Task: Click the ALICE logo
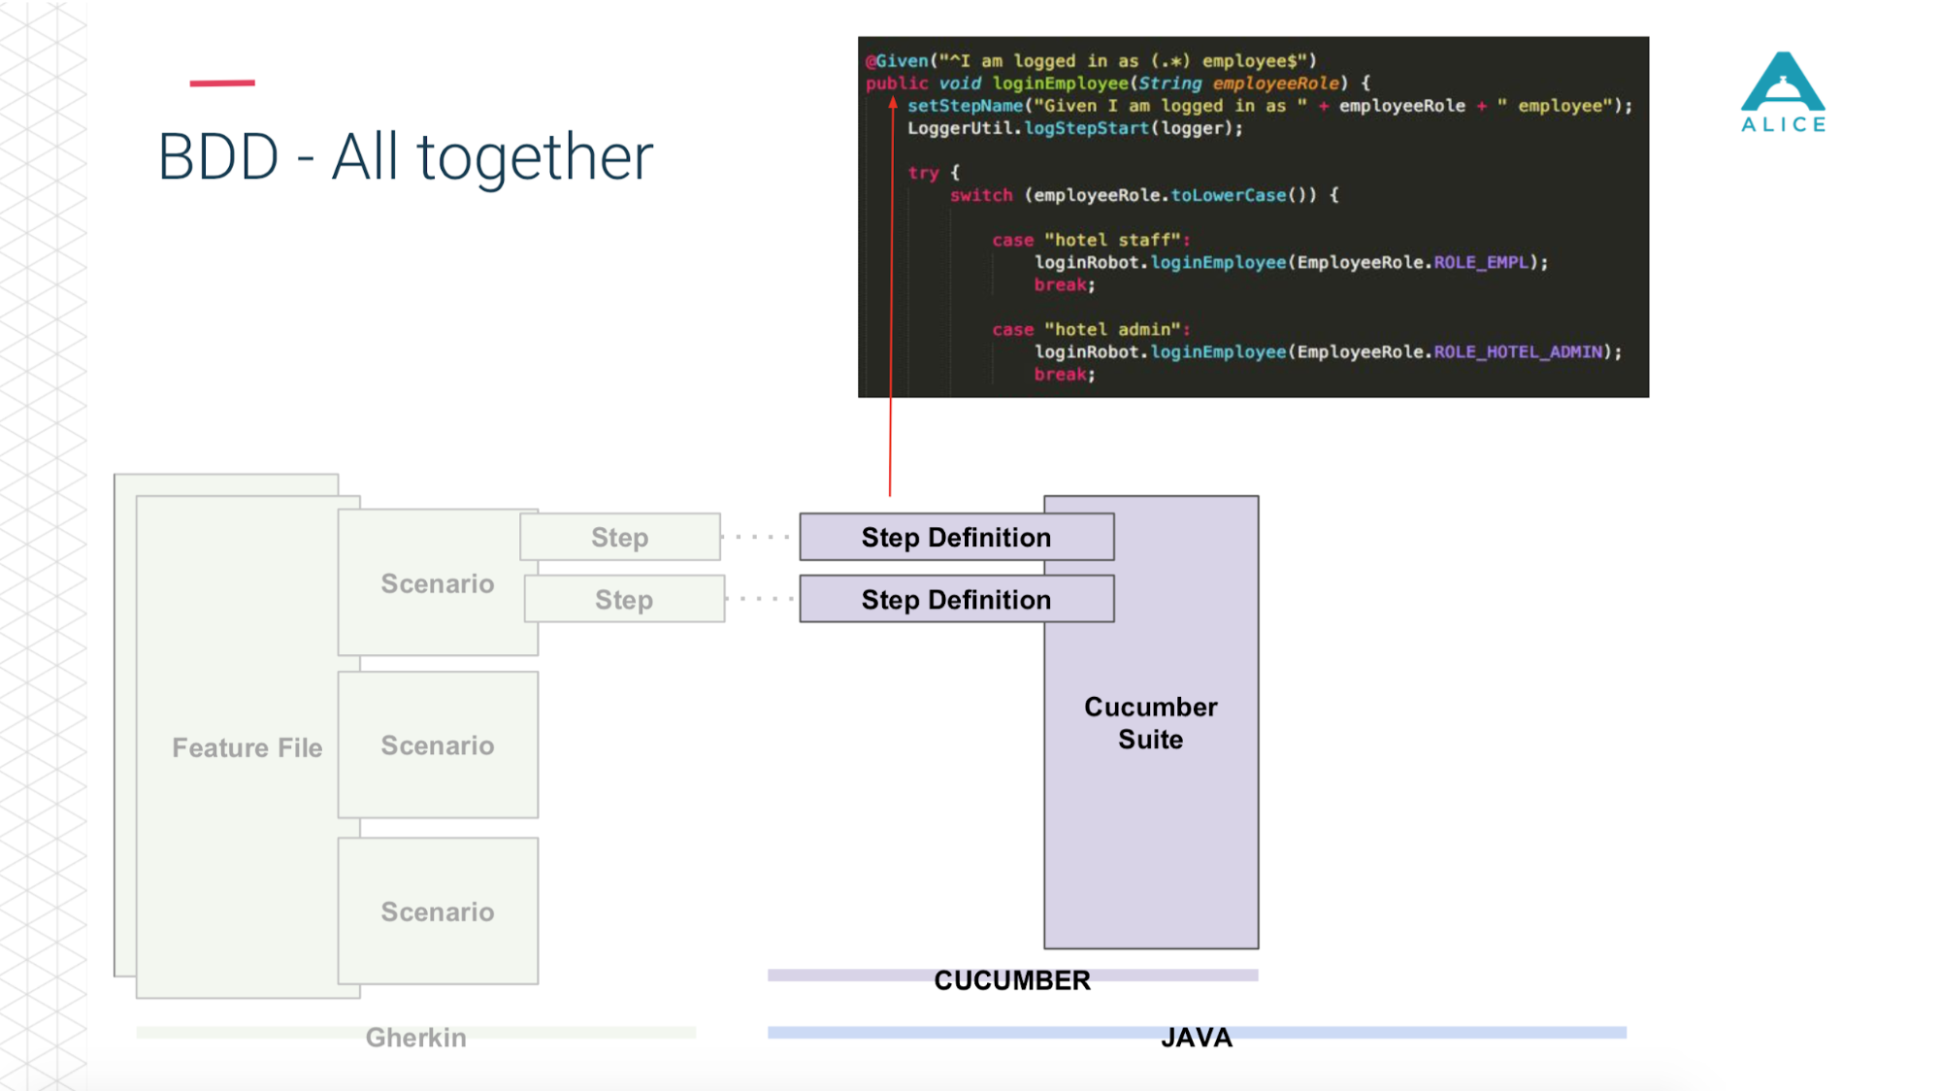tap(1784, 92)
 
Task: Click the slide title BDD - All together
tap(406, 157)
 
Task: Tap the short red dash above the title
tap(222, 83)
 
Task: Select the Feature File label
tap(247, 747)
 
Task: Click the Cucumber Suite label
tap(1151, 723)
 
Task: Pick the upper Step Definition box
tap(957, 537)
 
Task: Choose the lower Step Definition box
tap(957, 599)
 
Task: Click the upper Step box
tap(620, 537)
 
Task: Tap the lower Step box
tap(624, 599)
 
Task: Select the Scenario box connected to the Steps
tap(438, 582)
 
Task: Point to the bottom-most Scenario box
tap(438, 911)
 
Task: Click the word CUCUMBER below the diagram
tap(1012, 980)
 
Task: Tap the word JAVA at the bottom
tap(1197, 1038)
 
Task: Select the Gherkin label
tap(415, 1038)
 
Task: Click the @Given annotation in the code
tap(897, 61)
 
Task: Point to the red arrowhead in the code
tap(892, 103)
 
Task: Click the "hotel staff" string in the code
tap(1112, 240)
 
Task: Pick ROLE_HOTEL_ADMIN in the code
tap(1518, 351)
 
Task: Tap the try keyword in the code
tap(923, 173)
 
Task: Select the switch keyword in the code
tap(981, 195)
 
